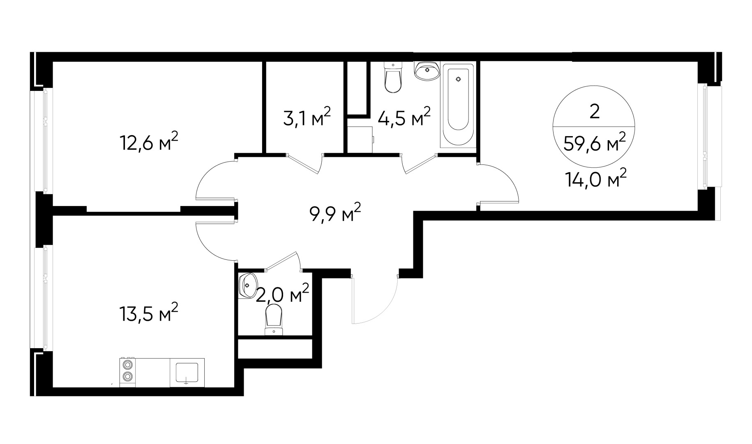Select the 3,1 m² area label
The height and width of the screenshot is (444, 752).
click(307, 118)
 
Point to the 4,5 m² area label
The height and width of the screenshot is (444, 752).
click(404, 118)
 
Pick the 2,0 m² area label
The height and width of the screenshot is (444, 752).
click(282, 294)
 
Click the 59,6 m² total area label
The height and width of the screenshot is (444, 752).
click(595, 143)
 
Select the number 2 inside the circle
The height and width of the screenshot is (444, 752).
click(594, 111)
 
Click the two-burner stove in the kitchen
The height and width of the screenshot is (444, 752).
click(127, 372)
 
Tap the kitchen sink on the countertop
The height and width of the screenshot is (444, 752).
click(187, 372)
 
